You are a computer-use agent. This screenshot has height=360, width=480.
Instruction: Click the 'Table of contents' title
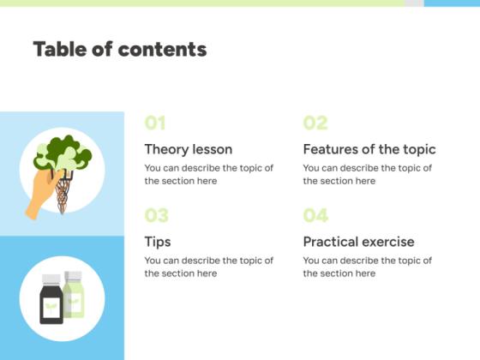tap(120, 49)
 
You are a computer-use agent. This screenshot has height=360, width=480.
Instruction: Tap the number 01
tap(155, 123)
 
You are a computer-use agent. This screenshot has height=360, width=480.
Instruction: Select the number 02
tap(315, 123)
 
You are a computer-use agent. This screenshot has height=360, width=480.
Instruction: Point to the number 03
tap(156, 215)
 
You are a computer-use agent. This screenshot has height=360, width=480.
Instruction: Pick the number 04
tap(315, 215)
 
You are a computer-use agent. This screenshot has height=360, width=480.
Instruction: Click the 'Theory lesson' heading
tap(188, 149)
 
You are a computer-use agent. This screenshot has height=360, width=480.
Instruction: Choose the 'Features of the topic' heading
tap(369, 149)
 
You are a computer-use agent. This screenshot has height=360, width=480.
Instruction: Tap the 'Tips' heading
tap(158, 242)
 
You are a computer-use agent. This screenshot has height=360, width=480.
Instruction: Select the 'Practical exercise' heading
tap(358, 242)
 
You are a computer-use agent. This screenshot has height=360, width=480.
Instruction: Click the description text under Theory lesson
tap(208, 174)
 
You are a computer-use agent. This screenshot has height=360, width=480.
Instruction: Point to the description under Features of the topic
tap(367, 174)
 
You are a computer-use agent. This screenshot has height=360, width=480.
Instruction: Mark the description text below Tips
tap(208, 267)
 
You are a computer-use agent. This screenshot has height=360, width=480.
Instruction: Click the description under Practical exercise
tap(367, 267)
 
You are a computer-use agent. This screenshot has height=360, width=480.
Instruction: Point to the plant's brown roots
tap(63, 194)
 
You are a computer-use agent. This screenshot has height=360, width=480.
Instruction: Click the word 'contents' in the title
tap(162, 49)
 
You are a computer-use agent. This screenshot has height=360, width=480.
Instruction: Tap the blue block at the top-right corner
tap(452, 3)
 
